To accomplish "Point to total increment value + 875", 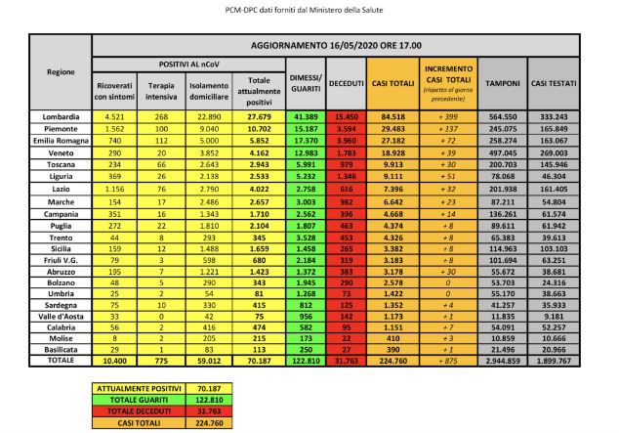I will [x=444, y=361].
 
